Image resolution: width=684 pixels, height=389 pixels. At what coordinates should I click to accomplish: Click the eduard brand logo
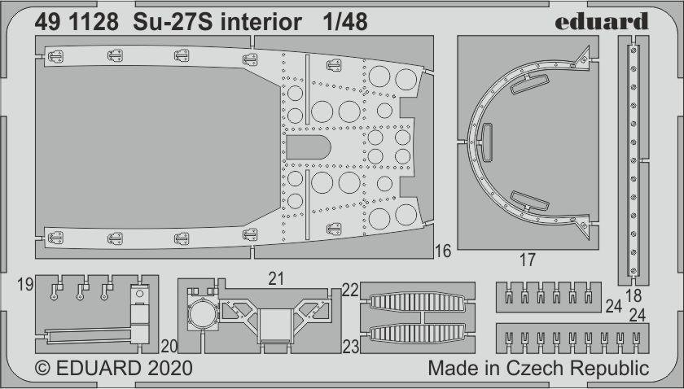click(602, 21)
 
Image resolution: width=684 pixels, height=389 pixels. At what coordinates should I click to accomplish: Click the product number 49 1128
click(77, 22)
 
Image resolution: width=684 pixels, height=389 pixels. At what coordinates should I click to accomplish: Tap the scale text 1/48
click(345, 22)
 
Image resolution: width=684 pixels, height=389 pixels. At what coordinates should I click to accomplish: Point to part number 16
click(442, 251)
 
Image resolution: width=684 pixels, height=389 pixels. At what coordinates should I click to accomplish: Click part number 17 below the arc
click(528, 260)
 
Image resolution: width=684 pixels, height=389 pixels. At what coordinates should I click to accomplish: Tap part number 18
click(634, 296)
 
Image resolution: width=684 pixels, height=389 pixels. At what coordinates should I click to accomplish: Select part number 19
click(26, 285)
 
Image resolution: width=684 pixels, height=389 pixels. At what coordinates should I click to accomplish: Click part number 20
click(169, 346)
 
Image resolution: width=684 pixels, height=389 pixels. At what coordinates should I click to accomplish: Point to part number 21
click(276, 278)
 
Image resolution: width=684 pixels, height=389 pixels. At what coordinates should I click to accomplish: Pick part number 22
click(350, 290)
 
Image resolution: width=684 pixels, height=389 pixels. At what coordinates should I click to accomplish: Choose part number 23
click(351, 347)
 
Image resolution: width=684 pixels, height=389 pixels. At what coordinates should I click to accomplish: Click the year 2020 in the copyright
click(169, 369)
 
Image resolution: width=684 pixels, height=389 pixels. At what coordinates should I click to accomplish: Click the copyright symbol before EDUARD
click(42, 369)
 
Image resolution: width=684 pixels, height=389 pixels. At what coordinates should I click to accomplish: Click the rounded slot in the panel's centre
click(309, 147)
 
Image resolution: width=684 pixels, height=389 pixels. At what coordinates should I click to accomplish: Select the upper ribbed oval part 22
click(417, 302)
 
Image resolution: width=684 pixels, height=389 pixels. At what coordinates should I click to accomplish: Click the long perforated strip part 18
click(634, 160)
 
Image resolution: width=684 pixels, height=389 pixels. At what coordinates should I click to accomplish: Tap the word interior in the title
click(261, 22)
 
